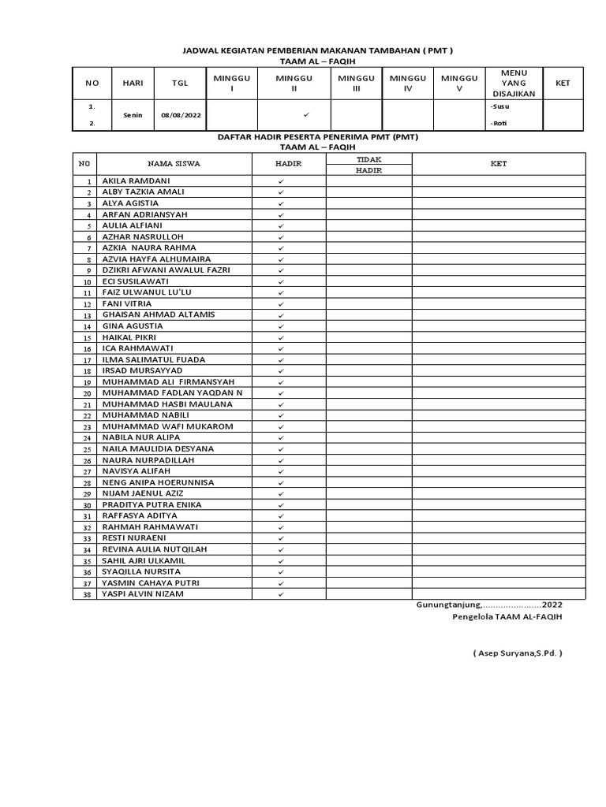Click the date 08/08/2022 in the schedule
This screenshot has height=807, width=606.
pos(181,115)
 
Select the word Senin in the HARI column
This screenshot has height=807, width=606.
pos(133,115)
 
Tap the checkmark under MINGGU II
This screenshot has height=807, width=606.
pos(305,114)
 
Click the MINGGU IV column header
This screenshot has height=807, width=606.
pos(407,84)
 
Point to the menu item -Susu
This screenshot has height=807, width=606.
pos(499,106)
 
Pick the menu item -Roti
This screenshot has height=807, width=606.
pos(499,123)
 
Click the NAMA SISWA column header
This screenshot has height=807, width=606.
pos(174,164)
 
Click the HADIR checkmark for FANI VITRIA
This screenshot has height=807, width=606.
pos(281,304)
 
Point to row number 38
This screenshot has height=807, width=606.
pos(88,595)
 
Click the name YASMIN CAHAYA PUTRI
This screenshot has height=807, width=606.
pos(151,582)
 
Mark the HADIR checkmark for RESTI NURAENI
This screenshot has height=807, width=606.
pos(281,538)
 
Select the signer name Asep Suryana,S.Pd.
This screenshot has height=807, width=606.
pos(518,653)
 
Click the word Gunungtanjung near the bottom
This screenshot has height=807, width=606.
pos(447,605)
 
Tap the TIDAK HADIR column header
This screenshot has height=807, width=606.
pos(368,164)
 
